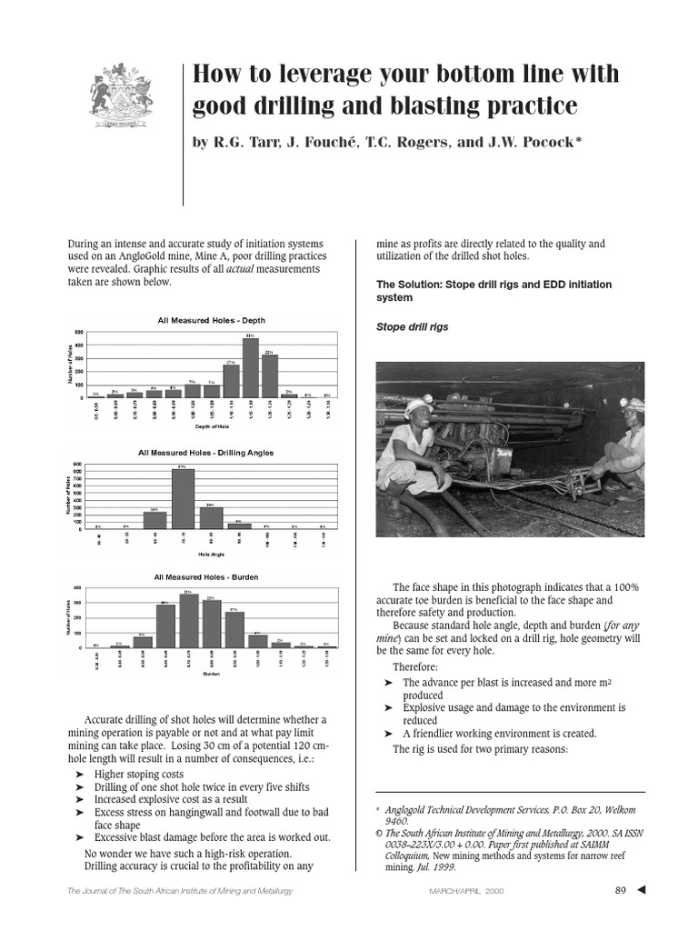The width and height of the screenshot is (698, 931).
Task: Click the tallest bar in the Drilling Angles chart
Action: (x=183, y=496)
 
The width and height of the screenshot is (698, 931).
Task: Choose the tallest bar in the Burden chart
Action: (x=188, y=620)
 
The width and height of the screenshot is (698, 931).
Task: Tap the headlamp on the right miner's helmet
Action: (x=627, y=402)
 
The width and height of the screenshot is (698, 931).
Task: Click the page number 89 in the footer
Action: (x=622, y=889)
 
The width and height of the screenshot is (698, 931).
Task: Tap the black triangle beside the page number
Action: (x=643, y=889)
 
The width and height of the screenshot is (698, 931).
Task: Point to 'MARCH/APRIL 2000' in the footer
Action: (x=466, y=890)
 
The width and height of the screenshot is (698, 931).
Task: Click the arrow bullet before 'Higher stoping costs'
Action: (x=80, y=774)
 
